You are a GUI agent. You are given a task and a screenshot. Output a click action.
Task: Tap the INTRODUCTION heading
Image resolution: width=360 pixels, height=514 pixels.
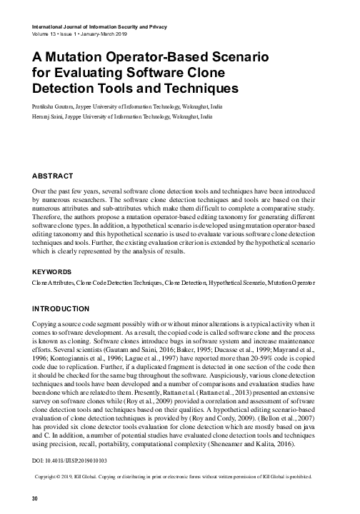[x=61, y=308]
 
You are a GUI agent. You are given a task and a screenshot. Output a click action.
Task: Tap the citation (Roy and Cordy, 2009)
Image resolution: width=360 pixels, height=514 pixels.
[x=204, y=415]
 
